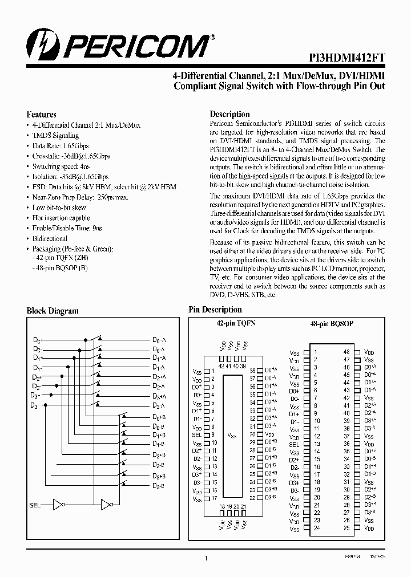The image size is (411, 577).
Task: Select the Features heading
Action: click(42, 114)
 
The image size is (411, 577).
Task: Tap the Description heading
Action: click(229, 114)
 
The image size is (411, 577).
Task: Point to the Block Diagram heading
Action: click(53, 311)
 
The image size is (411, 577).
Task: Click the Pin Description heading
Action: click(215, 310)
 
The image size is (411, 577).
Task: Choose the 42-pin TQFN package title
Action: click(235, 323)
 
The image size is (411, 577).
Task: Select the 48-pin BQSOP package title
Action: click(332, 323)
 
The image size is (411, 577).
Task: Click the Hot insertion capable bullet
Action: click(61, 218)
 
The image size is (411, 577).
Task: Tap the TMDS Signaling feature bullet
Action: click(55, 136)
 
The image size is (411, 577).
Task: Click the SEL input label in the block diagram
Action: click(35, 505)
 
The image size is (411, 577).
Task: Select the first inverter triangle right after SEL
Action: click(58, 505)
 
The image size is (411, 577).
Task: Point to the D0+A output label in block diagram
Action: click(159, 340)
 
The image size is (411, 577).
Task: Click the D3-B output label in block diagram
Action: click(159, 485)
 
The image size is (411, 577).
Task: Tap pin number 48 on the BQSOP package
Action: click(346, 352)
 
